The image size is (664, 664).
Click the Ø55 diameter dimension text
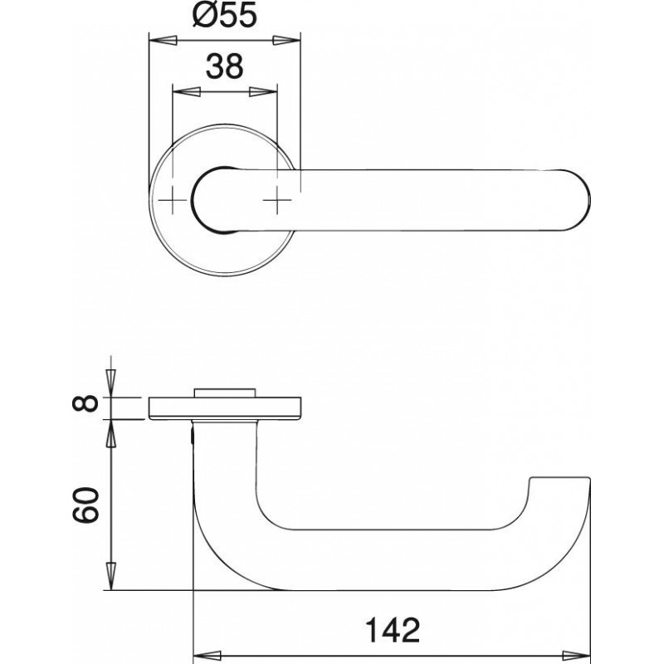point(224,16)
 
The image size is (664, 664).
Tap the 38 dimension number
point(224,66)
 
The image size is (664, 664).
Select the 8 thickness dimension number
point(85,403)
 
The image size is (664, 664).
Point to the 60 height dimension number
point(85,505)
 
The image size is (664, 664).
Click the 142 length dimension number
point(393,630)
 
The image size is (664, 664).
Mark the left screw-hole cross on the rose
point(173,200)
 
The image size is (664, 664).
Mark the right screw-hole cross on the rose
point(277,200)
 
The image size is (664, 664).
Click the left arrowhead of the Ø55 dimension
point(163,41)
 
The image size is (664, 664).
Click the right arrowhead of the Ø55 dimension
point(286,41)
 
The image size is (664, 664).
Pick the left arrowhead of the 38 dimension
point(187,91)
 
